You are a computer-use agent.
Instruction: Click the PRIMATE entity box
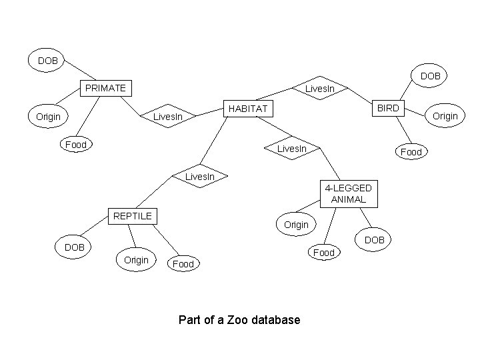(105, 88)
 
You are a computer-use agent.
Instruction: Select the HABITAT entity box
(247, 108)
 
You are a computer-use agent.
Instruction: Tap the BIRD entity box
(387, 108)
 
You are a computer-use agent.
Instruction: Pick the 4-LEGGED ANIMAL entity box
(349, 193)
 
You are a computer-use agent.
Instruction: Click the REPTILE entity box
(133, 215)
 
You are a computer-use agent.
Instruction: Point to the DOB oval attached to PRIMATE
(47, 61)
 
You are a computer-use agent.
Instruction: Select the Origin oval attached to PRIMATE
(48, 117)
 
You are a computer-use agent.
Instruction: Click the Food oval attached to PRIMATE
(76, 144)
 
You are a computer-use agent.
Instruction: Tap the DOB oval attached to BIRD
(430, 76)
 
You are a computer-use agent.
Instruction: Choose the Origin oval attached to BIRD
(445, 116)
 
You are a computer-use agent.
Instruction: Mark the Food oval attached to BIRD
(411, 152)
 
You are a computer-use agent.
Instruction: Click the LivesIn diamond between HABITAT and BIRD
(324, 89)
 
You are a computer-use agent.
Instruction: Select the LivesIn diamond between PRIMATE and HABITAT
(168, 117)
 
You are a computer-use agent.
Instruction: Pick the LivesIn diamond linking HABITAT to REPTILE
(199, 177)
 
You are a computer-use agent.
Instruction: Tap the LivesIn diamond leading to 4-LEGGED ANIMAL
(291, 148)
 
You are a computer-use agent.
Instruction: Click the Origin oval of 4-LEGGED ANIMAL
(297, 225)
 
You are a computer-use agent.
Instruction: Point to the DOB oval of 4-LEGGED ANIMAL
(375, 239)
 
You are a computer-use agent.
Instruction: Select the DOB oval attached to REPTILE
(74, 247)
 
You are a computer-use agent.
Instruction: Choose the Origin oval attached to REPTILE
(136, 259)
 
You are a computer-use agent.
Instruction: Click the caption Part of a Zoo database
(239, 320)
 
